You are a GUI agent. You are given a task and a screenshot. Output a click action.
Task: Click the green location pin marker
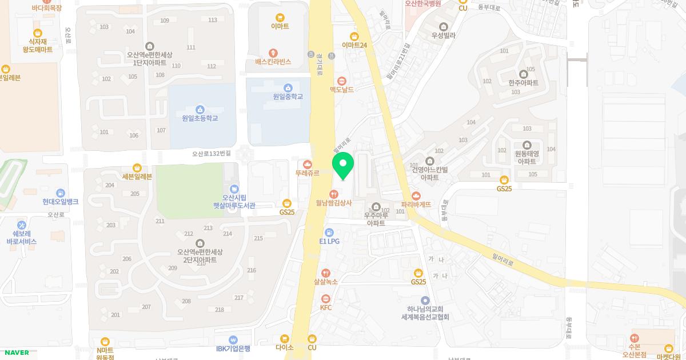tap(343, 165)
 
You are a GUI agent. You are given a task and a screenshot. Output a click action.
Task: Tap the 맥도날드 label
tap(342, 90)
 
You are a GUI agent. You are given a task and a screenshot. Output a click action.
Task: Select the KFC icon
tap(326, 299)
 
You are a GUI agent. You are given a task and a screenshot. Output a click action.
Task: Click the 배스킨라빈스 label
tap(273, 61)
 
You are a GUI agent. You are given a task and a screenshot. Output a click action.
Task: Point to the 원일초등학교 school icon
tap(200, 109)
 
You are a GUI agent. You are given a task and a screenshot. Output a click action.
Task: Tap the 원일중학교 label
tap(288, 97)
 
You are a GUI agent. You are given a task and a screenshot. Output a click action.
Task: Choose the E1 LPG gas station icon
tap(329, 232)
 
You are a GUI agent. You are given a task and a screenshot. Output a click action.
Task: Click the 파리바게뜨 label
tap(416, 204)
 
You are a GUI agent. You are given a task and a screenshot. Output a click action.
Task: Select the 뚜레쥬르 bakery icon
tap(308, 165)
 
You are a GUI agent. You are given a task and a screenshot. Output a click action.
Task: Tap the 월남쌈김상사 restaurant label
tap(334, 202)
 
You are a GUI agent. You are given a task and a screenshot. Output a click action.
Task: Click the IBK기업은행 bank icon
tap(233, 340)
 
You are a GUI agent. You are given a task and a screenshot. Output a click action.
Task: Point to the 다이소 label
tap(284, 347)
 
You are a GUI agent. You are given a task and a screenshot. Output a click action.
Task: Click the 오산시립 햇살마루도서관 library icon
tap(234, 189)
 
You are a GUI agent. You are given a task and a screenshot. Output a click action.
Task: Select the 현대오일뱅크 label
tap(61, 202)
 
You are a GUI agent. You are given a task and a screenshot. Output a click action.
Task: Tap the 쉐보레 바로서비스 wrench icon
tap(22, 225)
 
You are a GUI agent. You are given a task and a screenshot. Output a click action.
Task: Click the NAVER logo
tap(16, 353)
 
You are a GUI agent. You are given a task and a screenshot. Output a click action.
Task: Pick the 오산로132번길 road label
tap(212, 154)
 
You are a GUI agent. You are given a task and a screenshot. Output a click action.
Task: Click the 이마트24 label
tap(354, 45)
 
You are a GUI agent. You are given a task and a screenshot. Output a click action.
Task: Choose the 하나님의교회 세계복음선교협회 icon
tap(425, 300)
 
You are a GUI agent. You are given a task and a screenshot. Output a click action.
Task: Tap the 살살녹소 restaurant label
tap(326, 281)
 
